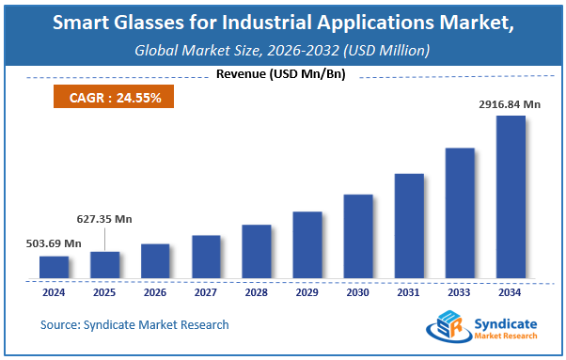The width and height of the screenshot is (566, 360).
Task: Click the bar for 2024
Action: [54, 267]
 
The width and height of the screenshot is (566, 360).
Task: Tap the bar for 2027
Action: [206, 257]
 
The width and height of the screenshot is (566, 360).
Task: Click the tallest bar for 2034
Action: [511, 197]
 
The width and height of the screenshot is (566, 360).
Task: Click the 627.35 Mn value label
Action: [103, 219]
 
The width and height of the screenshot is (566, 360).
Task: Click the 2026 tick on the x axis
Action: [155, 291]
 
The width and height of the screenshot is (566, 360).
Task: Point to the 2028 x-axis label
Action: [257, 291]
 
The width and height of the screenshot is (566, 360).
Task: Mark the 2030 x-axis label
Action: [358, 291]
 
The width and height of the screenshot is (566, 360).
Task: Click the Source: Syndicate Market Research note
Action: [134, 325]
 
